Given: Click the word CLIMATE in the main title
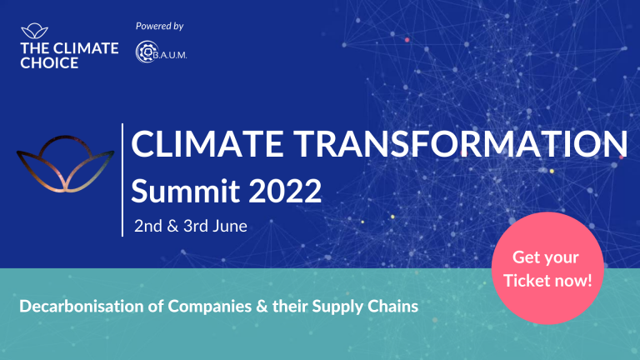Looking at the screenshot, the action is (207, 143).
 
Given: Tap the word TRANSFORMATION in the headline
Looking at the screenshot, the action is (461, 143).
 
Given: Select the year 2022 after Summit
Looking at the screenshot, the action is (285, 191).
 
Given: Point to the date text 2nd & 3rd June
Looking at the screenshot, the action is (191, 226).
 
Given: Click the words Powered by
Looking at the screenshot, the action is (160, 26).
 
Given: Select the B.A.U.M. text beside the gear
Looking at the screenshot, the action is (170, 55).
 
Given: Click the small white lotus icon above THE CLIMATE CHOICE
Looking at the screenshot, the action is (35, 31).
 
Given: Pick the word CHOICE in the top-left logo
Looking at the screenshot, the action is (49, 62).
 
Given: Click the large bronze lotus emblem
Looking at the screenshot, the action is (65, 164).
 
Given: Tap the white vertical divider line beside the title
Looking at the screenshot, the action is (122, 180).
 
